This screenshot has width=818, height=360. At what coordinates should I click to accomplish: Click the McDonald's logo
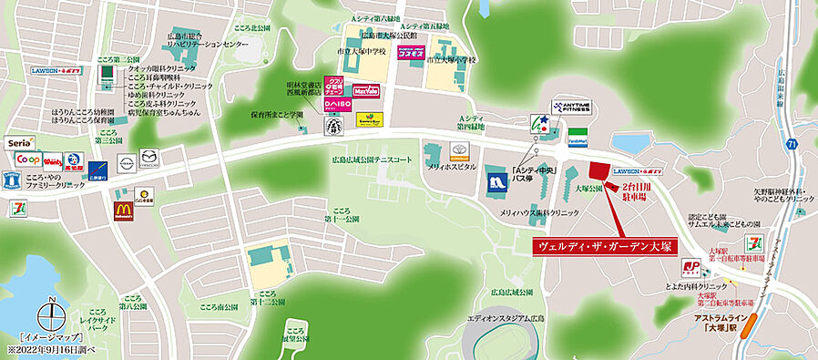123,212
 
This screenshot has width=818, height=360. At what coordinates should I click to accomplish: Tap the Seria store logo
20,143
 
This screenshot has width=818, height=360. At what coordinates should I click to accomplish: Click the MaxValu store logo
366,91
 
